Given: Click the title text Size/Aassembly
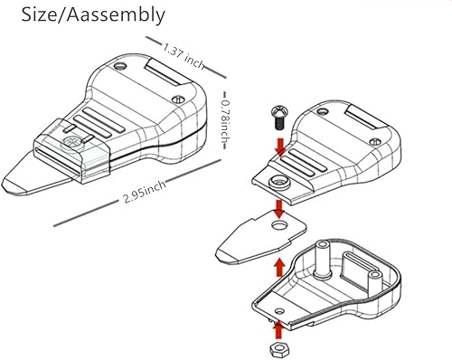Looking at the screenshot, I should pos(88,14).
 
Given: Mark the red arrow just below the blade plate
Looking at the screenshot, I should pos(279,263).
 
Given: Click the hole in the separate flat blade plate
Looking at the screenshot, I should pos(278,229).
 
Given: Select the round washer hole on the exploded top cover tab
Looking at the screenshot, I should pos(278,181).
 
